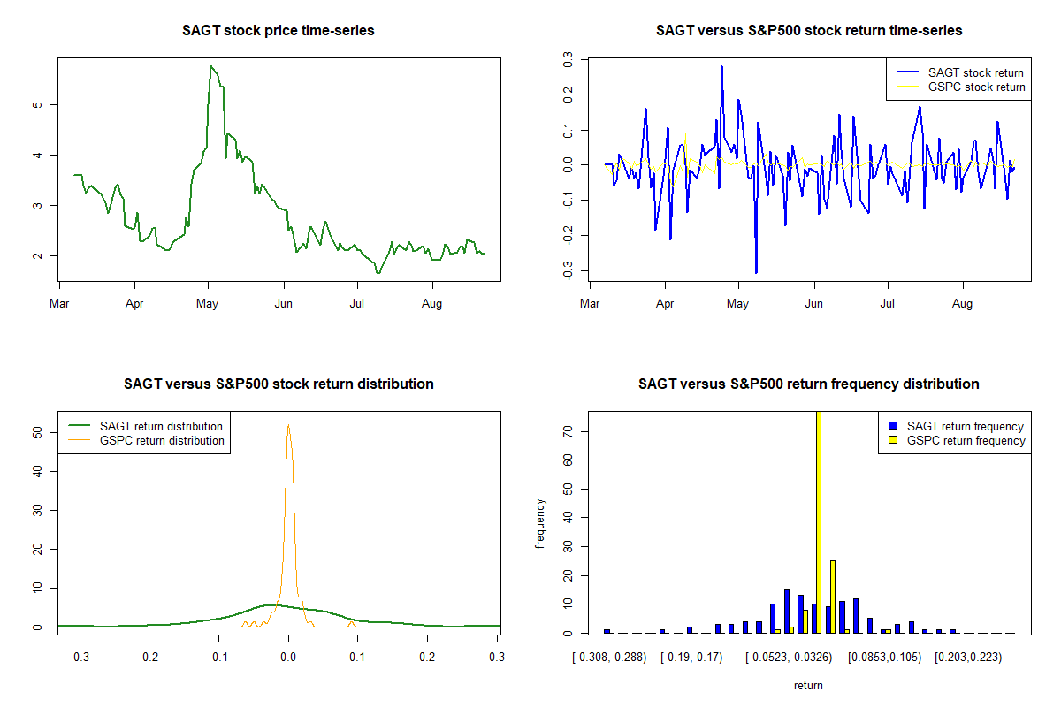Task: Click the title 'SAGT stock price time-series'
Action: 279,31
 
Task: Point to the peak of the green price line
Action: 210,66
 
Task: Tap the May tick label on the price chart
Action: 208,305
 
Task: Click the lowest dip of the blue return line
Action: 756,272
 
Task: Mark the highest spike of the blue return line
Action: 721,66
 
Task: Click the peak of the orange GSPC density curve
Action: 288,425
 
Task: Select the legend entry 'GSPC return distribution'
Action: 162,440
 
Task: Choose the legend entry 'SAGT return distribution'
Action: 162,426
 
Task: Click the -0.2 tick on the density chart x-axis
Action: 149,658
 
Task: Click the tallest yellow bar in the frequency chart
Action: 819,521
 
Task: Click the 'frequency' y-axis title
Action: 541,523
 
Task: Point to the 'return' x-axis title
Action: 808,685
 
